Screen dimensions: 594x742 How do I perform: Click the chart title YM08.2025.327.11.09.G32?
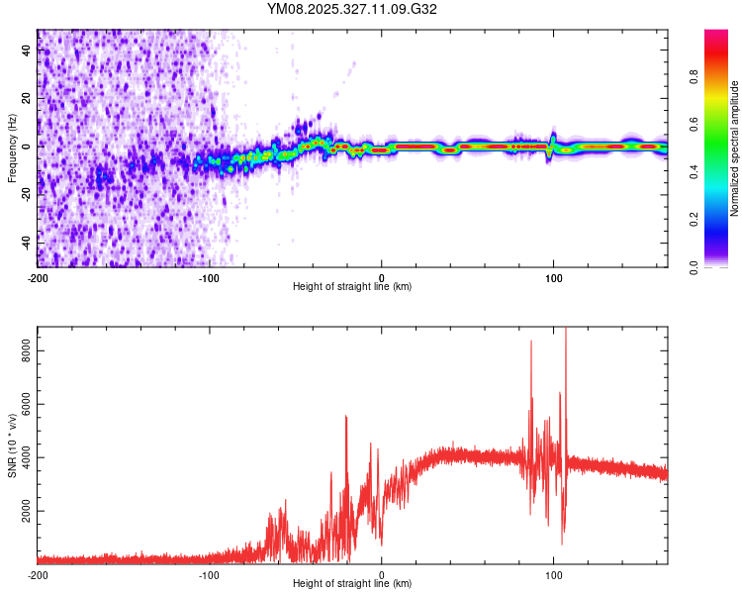[x=352, y=9]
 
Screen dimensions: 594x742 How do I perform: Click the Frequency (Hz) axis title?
[x=12, y=148]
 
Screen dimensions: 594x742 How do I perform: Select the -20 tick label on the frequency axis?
[x=26, y=194]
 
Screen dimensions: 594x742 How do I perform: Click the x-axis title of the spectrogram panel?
[x=352, y=287]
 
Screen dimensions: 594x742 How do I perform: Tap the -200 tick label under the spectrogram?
[x=38, y=277]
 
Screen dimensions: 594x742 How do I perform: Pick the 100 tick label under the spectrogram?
[x=554, y=277]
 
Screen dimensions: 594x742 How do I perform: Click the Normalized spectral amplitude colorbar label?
[x=735, y=148]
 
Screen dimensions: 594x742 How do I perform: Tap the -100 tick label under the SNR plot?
[x=210, y=574]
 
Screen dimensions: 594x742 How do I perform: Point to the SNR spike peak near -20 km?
[x=346, y=417]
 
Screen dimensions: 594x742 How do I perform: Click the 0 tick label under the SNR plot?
[x=382, y=574]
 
